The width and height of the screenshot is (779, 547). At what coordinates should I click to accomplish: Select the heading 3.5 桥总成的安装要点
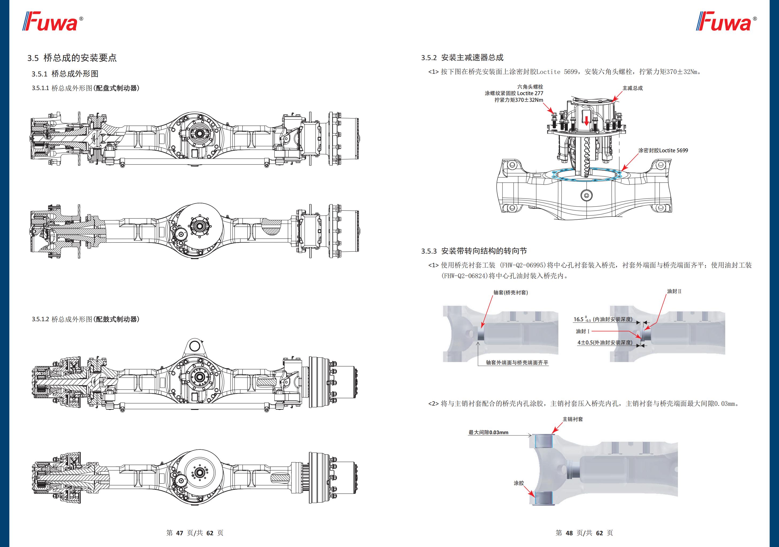click(x=72, y=58)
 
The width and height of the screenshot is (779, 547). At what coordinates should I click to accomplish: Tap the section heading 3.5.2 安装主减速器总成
click(x=462, y=58)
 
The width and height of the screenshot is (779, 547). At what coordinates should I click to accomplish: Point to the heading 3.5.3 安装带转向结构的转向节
click(x=474, y=251)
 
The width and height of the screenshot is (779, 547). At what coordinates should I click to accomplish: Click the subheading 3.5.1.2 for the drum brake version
click(x=86, y=319)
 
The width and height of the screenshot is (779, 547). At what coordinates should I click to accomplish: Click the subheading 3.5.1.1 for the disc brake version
click(x=86, y=88)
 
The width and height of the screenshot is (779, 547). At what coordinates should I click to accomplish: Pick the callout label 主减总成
click(x=632, y=88)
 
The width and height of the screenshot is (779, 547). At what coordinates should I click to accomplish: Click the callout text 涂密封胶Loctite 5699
click(x=663, y=150)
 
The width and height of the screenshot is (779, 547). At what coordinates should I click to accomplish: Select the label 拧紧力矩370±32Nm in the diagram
click(x=519, y=100)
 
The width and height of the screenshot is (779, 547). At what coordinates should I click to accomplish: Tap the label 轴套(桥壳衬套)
click(x=511, y=292)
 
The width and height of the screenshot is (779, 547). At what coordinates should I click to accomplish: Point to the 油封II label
click(x=674, y=291)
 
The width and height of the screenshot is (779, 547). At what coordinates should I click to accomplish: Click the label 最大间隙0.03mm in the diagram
click(x=488, y=432)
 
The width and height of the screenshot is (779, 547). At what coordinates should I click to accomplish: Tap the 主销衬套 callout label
click(x=573, y=419)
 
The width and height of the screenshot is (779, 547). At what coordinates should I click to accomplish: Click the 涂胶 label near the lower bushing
click(x=519, y=483)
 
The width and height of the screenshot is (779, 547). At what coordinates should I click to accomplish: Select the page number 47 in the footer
click(x=179, y=533)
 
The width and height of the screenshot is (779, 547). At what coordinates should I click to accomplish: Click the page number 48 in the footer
click(x=569, y=533)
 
